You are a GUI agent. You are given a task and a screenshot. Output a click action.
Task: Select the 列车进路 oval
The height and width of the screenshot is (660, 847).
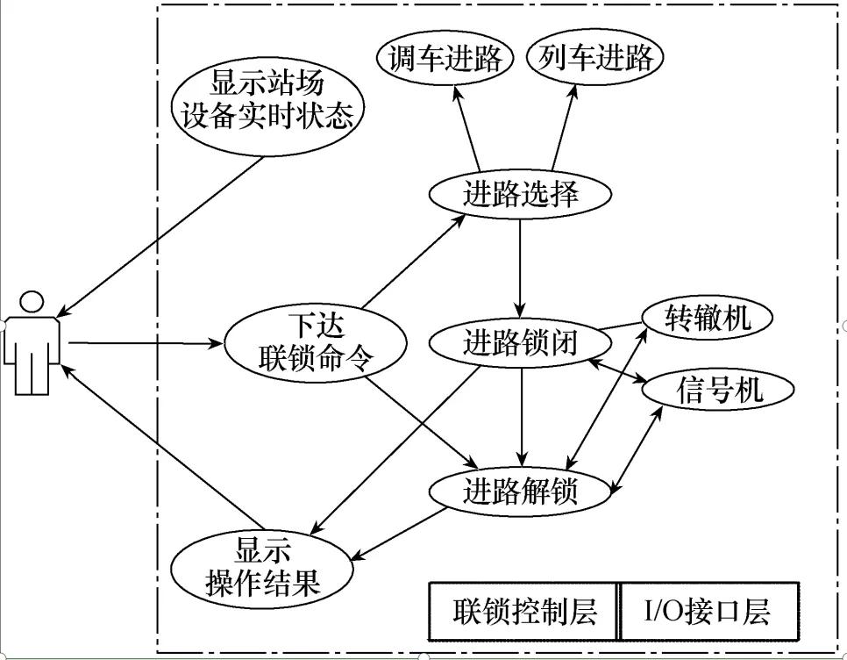click(595, 59)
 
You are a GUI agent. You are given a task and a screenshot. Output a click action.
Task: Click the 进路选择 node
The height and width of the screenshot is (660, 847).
click(520, 194)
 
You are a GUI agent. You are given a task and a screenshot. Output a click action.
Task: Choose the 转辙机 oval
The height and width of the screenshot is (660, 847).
click(708, 319)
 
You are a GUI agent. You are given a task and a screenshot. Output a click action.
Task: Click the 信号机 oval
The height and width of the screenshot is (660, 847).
click(719, 389)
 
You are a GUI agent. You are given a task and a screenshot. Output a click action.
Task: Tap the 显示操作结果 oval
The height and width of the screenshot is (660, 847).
click(262, 567)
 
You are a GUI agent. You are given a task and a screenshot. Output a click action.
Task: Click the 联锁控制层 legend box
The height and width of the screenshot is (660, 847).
click(523, 611)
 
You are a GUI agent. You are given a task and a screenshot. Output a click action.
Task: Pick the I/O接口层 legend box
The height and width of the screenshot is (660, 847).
click(708, 611)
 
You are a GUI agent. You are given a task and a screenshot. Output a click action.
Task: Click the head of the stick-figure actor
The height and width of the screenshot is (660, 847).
click(32, 301)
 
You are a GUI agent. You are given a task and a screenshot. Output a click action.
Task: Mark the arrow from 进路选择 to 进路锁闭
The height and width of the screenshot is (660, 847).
click(521, 268)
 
